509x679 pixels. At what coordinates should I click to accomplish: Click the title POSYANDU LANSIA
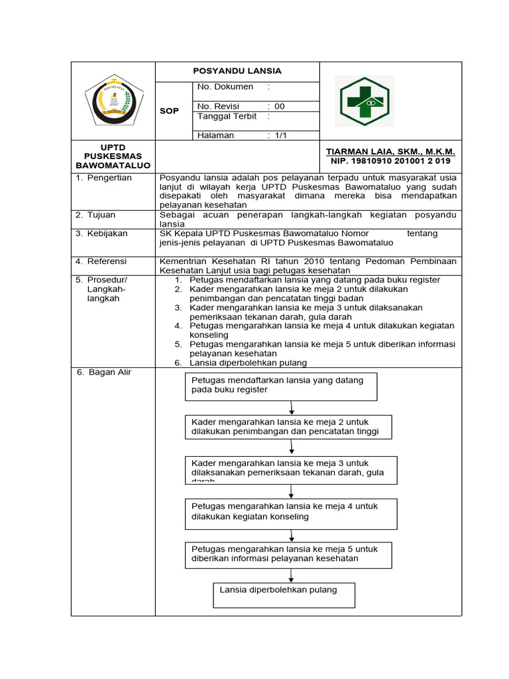237,71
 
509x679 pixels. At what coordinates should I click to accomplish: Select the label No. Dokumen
225,87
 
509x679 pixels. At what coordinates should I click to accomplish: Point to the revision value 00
279,106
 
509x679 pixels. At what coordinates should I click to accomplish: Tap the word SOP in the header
169,111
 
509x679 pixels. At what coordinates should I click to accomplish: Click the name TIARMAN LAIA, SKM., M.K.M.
390,152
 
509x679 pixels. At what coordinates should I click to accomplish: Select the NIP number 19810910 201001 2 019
390,161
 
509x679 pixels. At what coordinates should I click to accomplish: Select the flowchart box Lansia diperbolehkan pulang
284,595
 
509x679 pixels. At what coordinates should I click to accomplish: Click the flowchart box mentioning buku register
281,386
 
